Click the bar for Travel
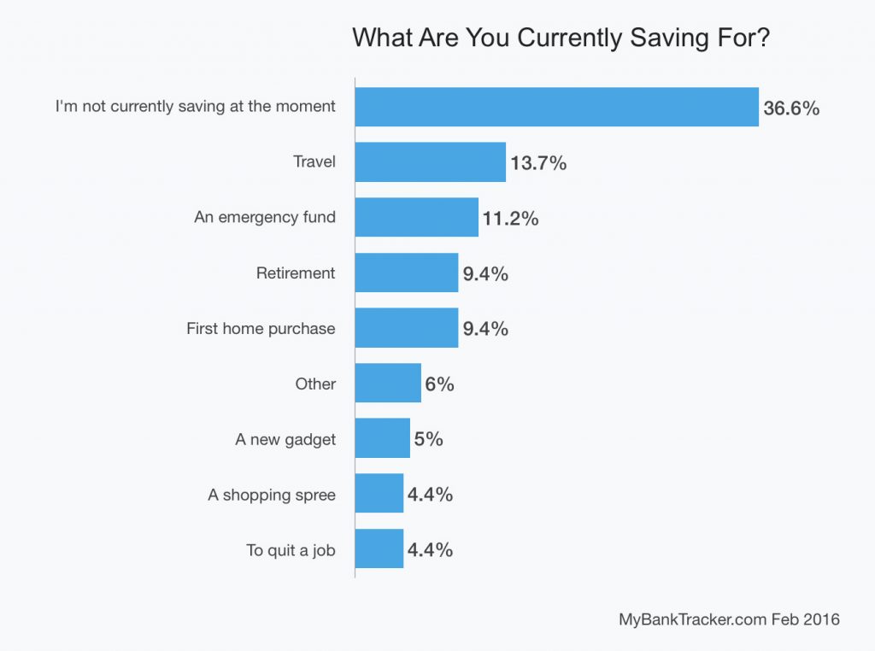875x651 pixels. [x=430, y=162]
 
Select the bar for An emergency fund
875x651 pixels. [x=416, y=217]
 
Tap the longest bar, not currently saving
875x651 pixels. [x=556, y=107]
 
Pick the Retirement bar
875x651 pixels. [x=406, y=273]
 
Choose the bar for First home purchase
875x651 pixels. [x=406, y=328]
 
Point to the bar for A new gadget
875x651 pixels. [x=382, y=438]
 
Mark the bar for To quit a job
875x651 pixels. [x=379, y=549]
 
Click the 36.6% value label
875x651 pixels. [x=791, y=108]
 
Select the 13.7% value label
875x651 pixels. [x=538, y=163]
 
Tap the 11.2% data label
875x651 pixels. [x=510, y=219]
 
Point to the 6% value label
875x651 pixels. [x=439, y=384]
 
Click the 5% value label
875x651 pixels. [x=429, y=439]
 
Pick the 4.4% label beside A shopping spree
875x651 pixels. [x=430, y=495]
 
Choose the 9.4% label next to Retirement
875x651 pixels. [x=485, y=273]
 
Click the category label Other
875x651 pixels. [x=315, y=384]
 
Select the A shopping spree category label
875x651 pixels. [x=272, y=495]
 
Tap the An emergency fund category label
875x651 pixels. [x=265, y=217]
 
